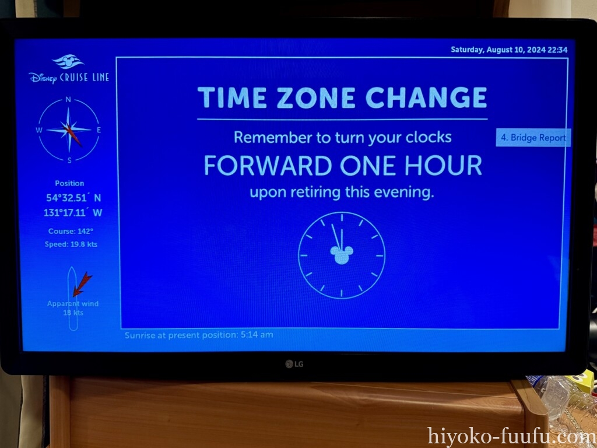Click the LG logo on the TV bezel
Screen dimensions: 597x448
tap(294, 364)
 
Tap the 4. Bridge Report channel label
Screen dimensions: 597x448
tap(533, 138)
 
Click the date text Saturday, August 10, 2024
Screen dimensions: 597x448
tap(498, 50)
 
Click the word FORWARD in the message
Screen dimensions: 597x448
tap(268, 165)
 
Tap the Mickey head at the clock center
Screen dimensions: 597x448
tap(342, 254)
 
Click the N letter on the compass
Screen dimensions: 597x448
tap(68, 99)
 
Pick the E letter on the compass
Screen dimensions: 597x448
tap(99, 130)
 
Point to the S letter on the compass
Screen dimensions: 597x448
tap(69, 160)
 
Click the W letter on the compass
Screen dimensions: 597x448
tap(39, 130)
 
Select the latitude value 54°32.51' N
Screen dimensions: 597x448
tap(73, 198)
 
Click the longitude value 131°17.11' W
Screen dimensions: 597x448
tap(73, 212)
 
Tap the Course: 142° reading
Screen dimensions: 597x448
tap(71, 231)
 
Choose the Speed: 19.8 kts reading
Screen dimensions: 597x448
tap(71, 244)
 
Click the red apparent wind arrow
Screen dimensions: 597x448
tap(82, 284)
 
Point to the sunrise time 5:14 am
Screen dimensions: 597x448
tap(257, 335)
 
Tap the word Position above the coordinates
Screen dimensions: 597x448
tap(69, 183)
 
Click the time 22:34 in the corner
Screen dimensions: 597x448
tap(557, 50)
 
